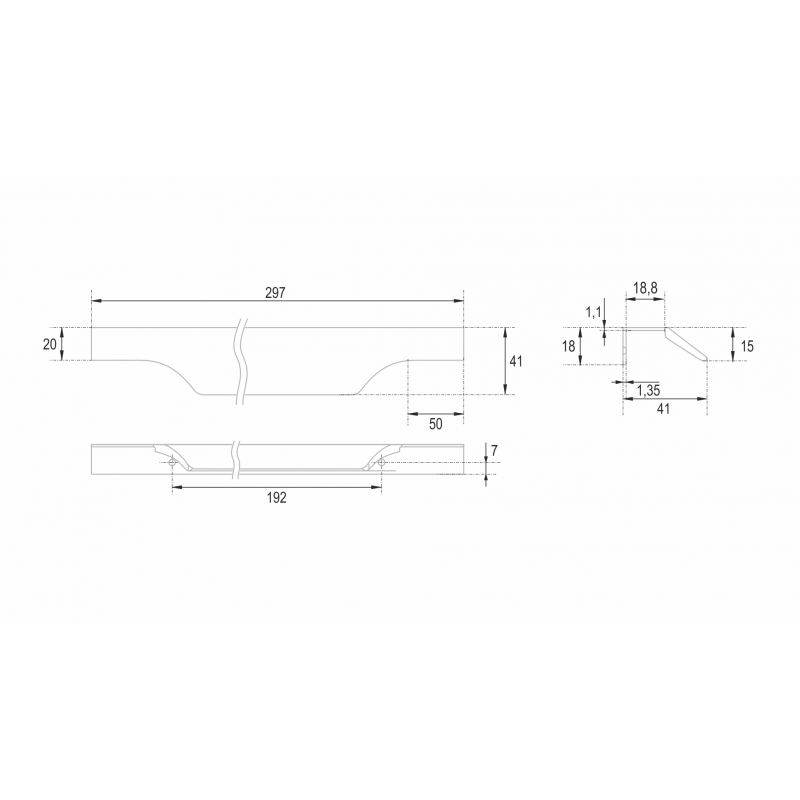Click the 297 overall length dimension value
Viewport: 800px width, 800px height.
tap(275, 293)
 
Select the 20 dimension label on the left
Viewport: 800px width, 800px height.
tap(49, 344)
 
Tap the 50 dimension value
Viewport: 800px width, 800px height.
tap(436, 424)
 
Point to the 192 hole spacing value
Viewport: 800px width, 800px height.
tap(277, 497)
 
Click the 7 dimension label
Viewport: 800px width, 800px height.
tap(494, 451)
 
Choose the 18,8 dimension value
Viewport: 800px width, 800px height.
tap(645, 288)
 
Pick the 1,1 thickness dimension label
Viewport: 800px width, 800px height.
tap(593, 312)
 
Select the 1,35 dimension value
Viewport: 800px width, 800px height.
tap(648, 391)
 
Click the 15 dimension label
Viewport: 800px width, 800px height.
tap(746, 346)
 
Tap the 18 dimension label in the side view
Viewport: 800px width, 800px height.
tap(568, 346)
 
